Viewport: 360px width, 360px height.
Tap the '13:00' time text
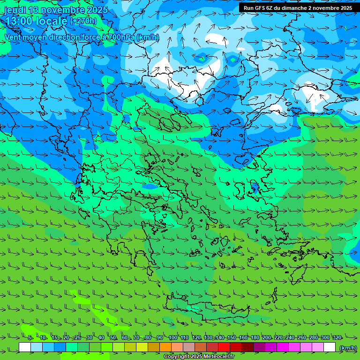coord(19,21)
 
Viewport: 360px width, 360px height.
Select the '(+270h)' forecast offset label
coord(83,21)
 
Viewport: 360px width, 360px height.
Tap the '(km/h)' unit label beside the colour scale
coord(347,347)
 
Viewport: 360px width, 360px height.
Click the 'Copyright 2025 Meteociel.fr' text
coord(199,357)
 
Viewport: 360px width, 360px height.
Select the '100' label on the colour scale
coord(172,338)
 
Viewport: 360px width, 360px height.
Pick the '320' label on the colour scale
coord(337,338)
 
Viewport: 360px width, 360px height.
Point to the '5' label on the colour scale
coord(30,338)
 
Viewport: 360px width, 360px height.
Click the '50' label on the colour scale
coord(113,338)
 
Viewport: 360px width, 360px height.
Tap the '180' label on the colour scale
coord(255,338)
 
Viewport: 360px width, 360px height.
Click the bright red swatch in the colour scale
coord(224,347)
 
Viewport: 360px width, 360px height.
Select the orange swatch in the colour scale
coord(165,347)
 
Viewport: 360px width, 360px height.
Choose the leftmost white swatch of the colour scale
coord(25,347)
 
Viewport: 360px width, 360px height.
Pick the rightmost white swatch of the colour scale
coord(330,347)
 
